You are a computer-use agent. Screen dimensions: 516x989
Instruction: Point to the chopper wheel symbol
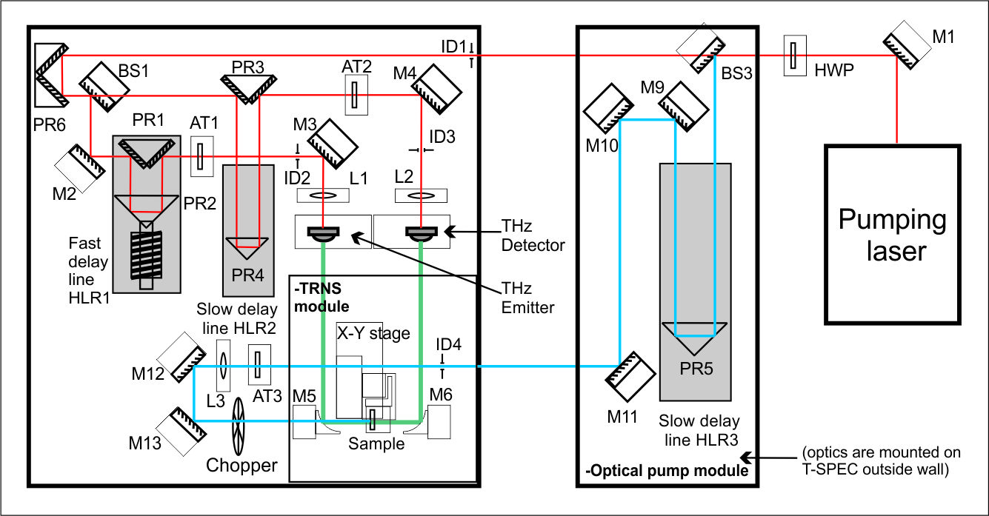click(239, 426)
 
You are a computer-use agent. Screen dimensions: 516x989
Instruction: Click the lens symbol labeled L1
click(324, 195)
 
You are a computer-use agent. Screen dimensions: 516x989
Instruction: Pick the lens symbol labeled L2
click(421, 196)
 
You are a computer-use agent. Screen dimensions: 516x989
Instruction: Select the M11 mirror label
click(622, 417)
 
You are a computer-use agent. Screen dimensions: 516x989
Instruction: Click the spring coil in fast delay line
click(150, 255)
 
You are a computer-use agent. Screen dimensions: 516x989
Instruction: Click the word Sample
click(377, 444)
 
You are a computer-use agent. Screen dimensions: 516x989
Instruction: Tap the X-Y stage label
click(373, 333)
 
